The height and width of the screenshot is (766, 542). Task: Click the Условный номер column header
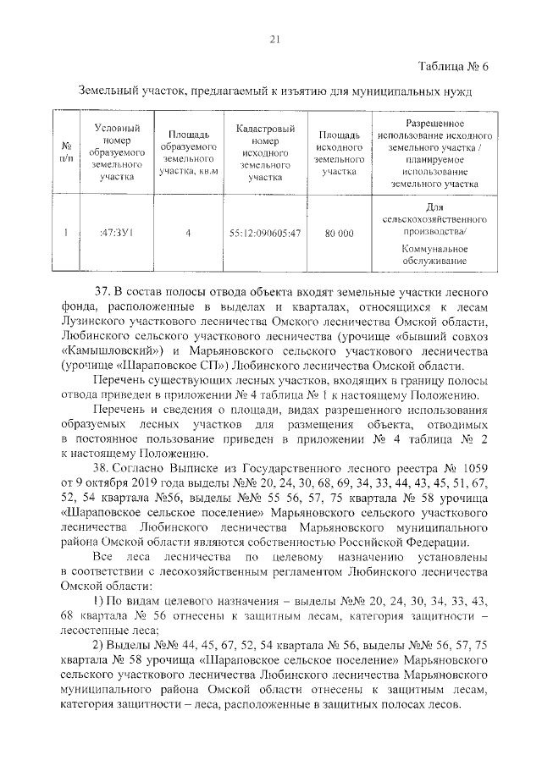[x=116, y=152]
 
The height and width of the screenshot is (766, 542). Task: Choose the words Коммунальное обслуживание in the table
[x=434, y=256]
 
